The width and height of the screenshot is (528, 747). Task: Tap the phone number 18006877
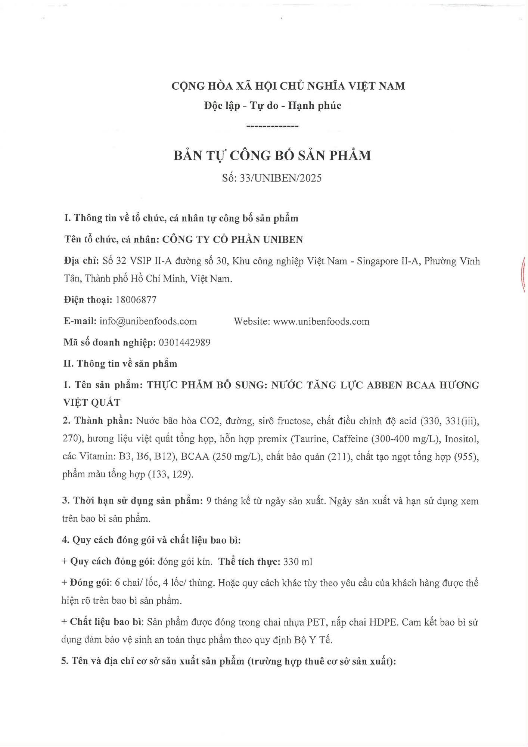coord(136,300)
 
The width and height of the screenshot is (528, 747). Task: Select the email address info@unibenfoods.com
coord(148,321)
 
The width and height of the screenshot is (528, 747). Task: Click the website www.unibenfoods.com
coord(321,321)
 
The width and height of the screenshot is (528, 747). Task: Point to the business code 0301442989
coord(184,342)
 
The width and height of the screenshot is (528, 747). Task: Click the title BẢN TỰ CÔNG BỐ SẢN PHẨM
coord(272,155)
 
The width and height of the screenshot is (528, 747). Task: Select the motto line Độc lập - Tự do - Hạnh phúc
coord(273,106)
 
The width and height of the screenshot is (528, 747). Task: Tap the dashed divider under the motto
coord(272,127)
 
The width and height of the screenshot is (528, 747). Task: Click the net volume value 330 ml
coord(298,561)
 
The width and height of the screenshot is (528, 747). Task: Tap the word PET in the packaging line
coord(315,622)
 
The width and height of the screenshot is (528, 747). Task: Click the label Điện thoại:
coord(88,300)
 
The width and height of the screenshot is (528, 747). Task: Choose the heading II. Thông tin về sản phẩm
coord(120,364)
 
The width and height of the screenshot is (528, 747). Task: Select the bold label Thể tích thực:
coord(249,561)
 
